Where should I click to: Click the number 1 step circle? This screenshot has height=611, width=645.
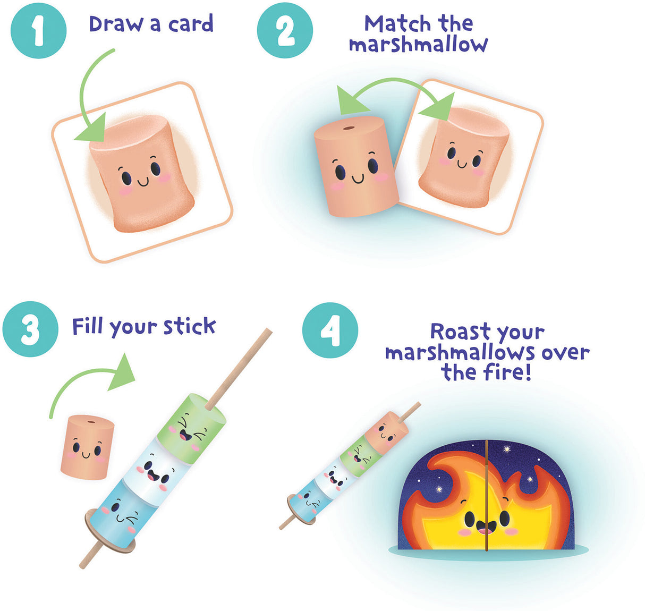38,30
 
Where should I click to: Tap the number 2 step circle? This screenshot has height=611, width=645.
285,31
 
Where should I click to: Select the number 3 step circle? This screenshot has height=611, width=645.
30,329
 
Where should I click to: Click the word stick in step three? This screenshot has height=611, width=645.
189,326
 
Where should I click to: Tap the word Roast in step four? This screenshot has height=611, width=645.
460,332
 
